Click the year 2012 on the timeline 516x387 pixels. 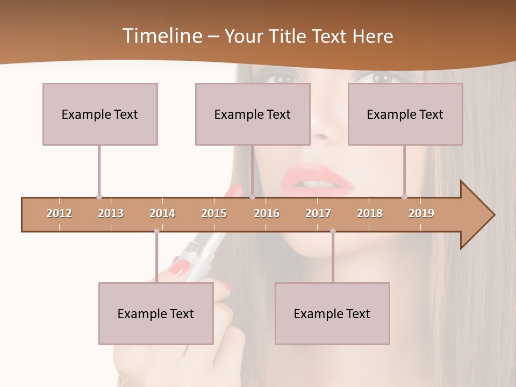59,213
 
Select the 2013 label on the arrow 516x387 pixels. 111,213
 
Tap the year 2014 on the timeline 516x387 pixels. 162,213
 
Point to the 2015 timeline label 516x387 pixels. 214,213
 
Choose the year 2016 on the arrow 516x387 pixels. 267,213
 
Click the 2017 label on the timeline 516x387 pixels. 318,213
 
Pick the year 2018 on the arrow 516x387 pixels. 370,213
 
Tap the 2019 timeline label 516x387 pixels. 421,213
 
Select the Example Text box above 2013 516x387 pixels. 100,114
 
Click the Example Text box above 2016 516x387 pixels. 253,114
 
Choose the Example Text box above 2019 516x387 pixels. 405,114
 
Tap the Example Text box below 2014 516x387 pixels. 156,313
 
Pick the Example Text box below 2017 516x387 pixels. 332,313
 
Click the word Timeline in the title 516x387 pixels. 161,36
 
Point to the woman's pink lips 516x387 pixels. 317,182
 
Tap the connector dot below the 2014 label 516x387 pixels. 156,231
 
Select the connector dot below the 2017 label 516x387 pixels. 333,231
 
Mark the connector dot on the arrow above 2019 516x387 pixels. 405,197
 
